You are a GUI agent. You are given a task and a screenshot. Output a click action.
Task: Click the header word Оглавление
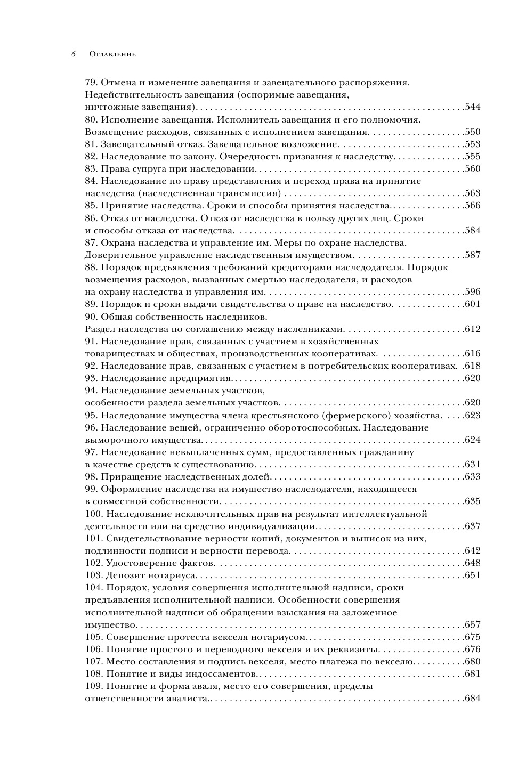pyautogui.click(x=112, y=54)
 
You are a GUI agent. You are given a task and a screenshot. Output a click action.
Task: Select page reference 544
pyautogui.click(x=473, y=107)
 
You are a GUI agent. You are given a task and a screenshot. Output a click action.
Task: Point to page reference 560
pyautogui.click(x=473, y=169)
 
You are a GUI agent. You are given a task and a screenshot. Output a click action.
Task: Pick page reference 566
pyautogui.click(x=473, y=206)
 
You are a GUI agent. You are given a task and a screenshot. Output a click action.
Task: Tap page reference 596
pyautogui.click(x=473, y=292)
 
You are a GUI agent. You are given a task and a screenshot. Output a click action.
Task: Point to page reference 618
pyautogui.click(x=473, y=366)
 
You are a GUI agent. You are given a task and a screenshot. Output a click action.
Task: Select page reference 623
pyautogui.click(x=473, y=415)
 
